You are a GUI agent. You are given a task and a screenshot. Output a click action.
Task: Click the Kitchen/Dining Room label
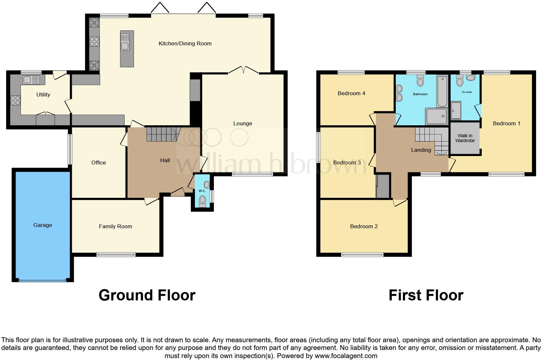click(x=185, y=43)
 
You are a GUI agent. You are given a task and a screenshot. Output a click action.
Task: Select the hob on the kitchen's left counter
click(x=94, y=42)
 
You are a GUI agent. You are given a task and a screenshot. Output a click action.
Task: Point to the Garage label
click(x=43, y=225)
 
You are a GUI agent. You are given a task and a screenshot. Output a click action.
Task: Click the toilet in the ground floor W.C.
click(x=203, y=201)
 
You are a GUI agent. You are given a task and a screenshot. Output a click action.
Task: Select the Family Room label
click(x=116, y=226)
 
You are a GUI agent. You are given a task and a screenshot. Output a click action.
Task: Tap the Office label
click(x=98, y=163)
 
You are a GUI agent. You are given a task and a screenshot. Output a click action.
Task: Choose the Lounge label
click(x=243, y=123)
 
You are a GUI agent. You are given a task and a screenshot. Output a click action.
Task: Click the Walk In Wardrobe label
click(x=465, y=138)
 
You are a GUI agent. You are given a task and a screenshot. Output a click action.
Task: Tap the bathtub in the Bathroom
click(x=441, y=91)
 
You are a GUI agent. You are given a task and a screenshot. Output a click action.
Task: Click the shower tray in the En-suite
click(x=456, y=111)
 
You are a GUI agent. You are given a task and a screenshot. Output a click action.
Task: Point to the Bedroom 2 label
click(x=364, y=226)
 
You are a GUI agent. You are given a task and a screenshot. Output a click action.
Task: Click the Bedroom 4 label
click(x=351, y=93)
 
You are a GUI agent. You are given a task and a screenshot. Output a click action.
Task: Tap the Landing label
click(x=421, y=150)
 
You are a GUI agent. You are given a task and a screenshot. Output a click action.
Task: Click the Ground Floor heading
click(x=147, y=295)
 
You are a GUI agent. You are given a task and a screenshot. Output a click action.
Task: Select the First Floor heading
click(x=426, y=295)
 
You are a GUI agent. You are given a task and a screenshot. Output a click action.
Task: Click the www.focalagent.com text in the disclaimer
click(x=346, y=356)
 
